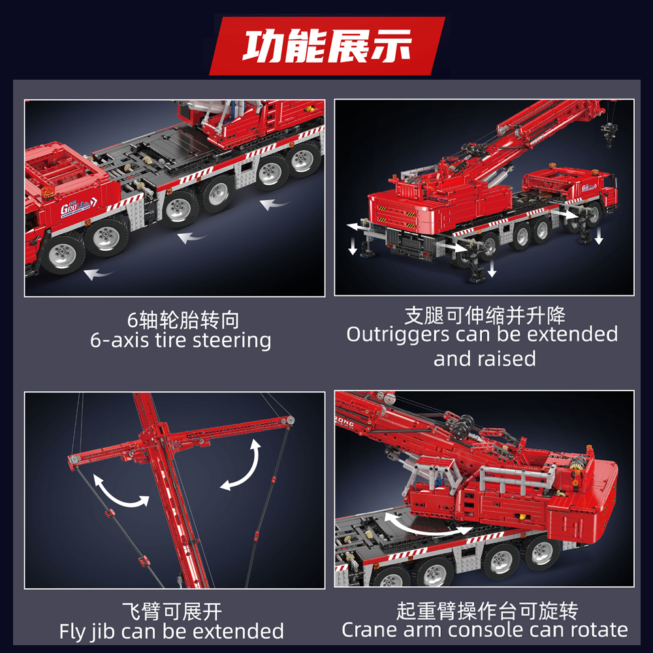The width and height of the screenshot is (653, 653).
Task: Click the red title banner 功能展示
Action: [327, 46]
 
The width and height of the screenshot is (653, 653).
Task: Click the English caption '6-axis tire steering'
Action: [181, 341]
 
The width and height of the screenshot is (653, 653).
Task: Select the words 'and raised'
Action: [485, 358]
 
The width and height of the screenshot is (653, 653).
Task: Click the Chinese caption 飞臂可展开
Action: [172, 611]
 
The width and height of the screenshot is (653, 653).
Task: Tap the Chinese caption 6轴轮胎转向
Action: [183, 320]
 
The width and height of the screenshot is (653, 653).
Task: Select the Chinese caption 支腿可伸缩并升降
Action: [485, 315]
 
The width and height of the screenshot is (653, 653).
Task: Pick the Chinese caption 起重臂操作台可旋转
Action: [487, 611]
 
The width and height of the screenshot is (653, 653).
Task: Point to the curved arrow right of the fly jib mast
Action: [246, 466]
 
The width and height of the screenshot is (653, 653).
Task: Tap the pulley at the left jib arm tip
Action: [74, 458]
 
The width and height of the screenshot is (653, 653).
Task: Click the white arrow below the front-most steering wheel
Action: [99, 274]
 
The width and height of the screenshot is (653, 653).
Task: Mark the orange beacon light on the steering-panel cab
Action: [46, 193]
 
